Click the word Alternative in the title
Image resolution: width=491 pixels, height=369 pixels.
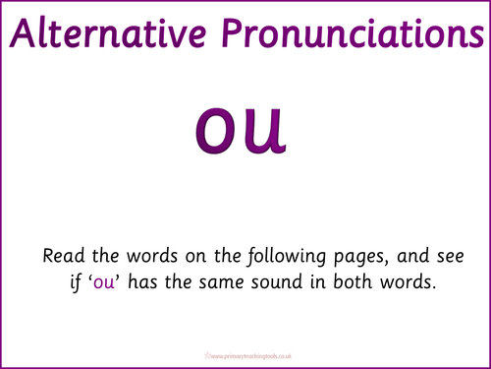click(x=108, y=33)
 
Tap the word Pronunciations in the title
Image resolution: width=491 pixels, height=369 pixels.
click(x=353, y=32)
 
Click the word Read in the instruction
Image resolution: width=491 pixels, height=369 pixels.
click(x=64, y=256)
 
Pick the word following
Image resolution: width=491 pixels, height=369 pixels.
click(x=287, y=257)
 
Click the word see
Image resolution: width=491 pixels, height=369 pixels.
click(x=451, y=257)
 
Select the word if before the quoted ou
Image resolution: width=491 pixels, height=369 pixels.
click(x=76, y=282)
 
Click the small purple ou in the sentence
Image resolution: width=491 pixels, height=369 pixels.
click(x=104, y=283)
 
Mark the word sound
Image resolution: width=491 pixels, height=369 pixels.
click(x=276, y=281)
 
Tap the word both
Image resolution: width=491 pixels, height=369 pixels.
click(x=353, y=281)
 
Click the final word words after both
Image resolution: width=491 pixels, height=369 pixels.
click(x=409, y=281)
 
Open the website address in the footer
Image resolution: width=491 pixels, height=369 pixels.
click(x=251, y=356)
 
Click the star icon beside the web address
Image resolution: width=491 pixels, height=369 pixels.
click(x=207, y=355)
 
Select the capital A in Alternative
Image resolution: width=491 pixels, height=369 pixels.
click(x=23, y=33)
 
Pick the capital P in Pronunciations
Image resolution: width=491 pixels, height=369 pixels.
click(x=233, y=33)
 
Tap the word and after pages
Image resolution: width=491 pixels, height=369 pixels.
click(x=412, y=256)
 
